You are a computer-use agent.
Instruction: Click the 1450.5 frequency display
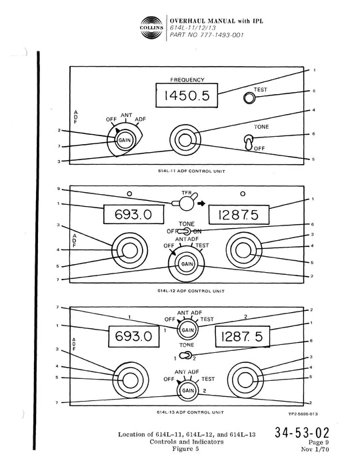tap(182, 97)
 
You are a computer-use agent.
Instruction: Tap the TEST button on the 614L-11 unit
tap(249, 97)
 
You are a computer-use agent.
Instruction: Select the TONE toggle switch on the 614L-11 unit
tap(248, 142)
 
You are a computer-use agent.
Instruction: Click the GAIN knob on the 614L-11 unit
tap(124, 140)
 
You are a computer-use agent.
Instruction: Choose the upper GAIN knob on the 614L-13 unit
tap(187, 329)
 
